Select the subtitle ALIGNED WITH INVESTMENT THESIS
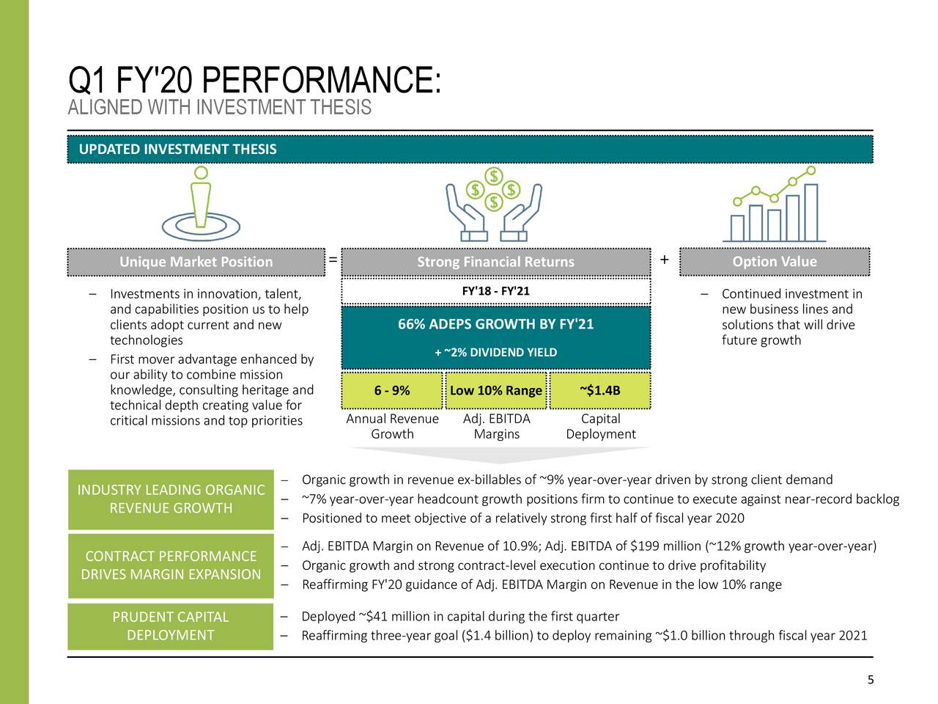tap(220, 109)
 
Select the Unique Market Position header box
tap(196, 262)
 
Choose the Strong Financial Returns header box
tap(495, 263)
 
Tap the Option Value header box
tap(775, 262)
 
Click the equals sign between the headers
tap(333, 260)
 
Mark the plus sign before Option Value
tap(664, 260)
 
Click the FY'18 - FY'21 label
tap(495, 292)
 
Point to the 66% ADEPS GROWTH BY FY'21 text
tap(495, 325)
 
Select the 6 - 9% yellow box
tap(391, 390)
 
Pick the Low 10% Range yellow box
tap(496, 390)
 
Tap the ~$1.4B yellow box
tap(599, 390)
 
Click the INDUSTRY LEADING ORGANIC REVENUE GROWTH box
tap(171, 499)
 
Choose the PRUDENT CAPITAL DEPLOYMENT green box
tap(170, 626)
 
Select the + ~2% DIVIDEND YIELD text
tap(495, 353)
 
